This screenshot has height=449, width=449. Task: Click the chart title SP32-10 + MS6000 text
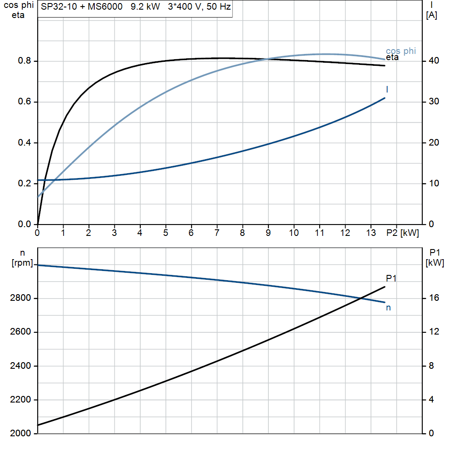tap(82, 8)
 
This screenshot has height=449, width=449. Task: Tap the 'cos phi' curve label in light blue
tap(400, 51)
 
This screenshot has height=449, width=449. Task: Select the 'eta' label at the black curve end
tap(392, 57)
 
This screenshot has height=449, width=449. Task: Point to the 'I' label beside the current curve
tap(387, 89)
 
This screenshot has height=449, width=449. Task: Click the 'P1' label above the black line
tap(391, 278)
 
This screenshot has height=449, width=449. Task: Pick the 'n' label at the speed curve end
tap(388, 308)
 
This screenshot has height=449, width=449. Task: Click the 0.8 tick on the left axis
tap(24, 61)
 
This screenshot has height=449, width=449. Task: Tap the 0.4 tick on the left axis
tap(24, 143)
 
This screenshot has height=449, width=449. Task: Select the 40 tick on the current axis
tap(433, 61)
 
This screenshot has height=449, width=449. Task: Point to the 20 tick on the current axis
tap(433, 143)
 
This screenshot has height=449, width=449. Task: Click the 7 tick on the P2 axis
tap(217, 233)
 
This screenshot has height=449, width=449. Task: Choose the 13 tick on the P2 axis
tap(371, 233)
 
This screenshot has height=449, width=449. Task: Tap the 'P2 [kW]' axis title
tap(403, 233)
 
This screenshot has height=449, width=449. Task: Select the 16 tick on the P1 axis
tap(433, 299)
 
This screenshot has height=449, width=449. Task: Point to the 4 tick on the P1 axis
tap(431, 400)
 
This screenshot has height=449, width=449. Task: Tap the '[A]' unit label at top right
tap(431, 16)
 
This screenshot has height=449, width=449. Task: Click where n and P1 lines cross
tap(360, 299)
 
